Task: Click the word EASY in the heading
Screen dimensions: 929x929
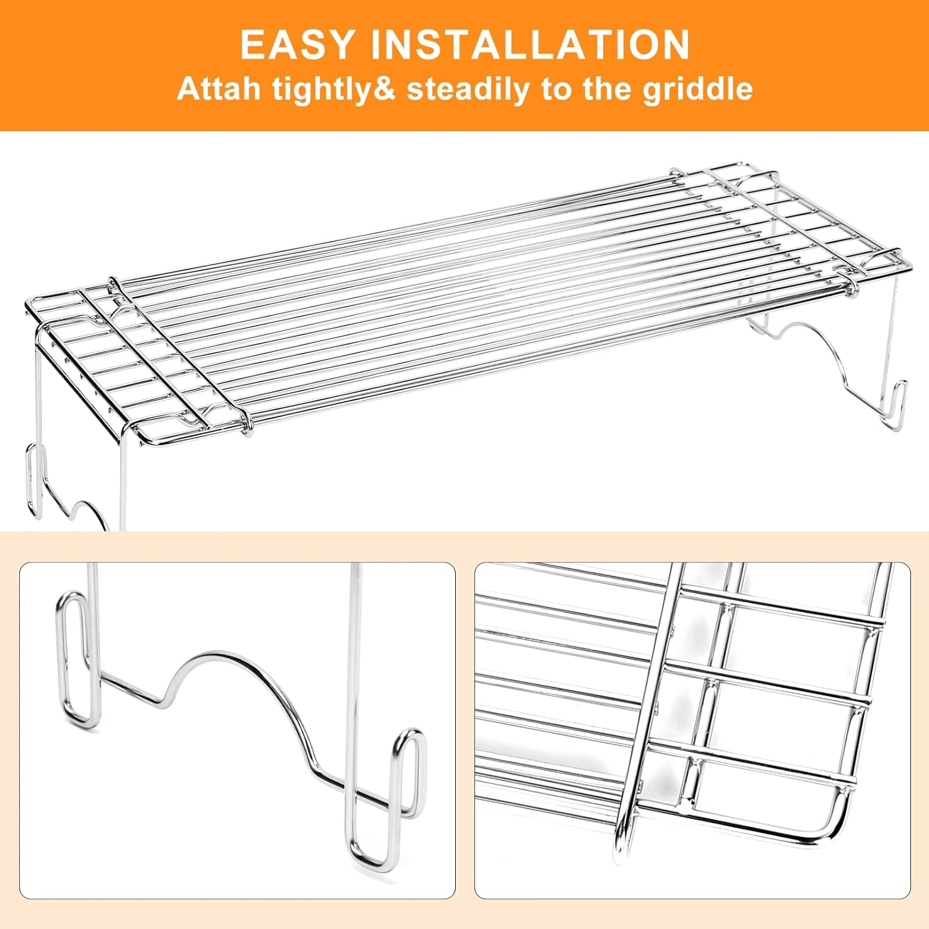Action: (297, 45)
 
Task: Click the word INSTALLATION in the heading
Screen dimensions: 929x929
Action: (530, 45)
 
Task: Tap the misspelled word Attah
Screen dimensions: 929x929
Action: (219, 89)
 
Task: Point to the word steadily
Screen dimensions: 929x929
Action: (468, 90)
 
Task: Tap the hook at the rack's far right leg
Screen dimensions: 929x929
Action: (896, 405)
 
